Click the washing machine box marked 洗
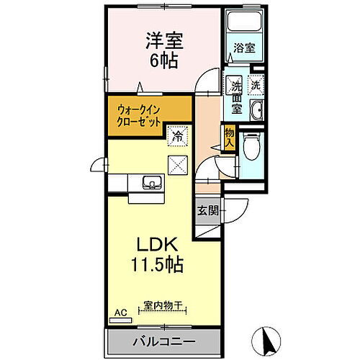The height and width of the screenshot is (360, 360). [x=256, y=84]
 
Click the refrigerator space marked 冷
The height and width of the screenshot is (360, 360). [x=176, y=134]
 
